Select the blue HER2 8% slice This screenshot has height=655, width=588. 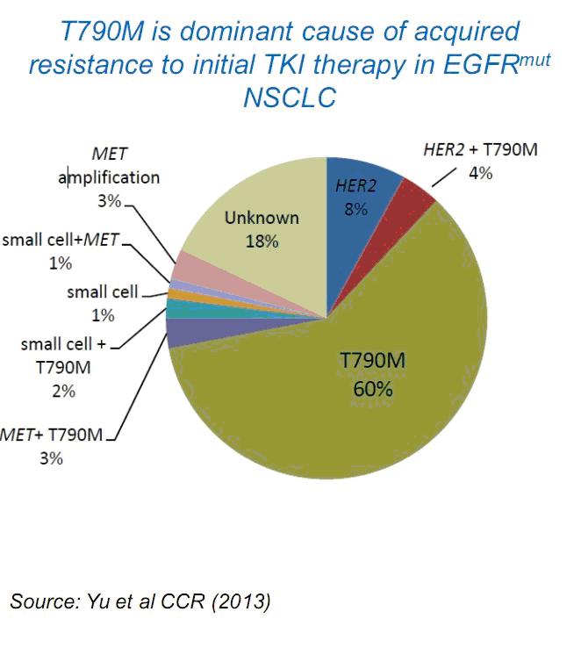(x=360, y=237)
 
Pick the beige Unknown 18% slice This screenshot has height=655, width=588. (x=255, y=220)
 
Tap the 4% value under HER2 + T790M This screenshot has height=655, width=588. (x=480, y=173)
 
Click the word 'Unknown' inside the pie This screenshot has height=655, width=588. (x=262, y=218)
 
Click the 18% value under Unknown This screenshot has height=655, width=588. (x=262, y=241)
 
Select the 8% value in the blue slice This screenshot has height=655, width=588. (x=355, y=210)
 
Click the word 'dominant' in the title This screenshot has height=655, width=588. (x=231, y=32)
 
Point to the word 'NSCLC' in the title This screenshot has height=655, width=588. (x=289, y=97)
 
